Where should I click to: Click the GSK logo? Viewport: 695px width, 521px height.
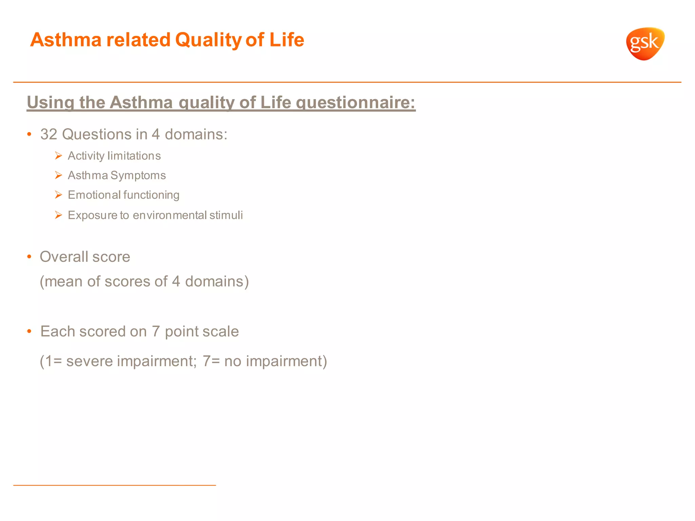click(645, 43)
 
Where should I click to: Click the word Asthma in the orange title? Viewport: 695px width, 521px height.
click(66, 40)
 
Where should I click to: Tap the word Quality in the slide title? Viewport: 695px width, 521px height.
click(208, 40)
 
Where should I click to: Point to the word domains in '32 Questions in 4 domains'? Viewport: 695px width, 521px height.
click(196, 134)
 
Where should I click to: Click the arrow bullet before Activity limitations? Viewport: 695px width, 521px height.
click(58, 156)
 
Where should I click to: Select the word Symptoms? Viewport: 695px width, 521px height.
click(138, 176)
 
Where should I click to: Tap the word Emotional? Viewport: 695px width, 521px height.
click(94, 195)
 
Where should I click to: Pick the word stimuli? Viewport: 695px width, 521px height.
click(226, 215)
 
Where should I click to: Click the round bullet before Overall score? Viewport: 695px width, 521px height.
click(30, 257)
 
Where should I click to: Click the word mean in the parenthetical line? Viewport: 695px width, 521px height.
click(63, 282)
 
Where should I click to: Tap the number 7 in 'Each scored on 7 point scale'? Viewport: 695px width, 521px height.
click(156, 331)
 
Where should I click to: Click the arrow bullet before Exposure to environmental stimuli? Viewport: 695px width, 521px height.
click(58, 215)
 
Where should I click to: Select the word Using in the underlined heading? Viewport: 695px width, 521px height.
click(50, 102)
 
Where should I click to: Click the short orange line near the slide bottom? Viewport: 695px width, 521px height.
click(114, 485)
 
